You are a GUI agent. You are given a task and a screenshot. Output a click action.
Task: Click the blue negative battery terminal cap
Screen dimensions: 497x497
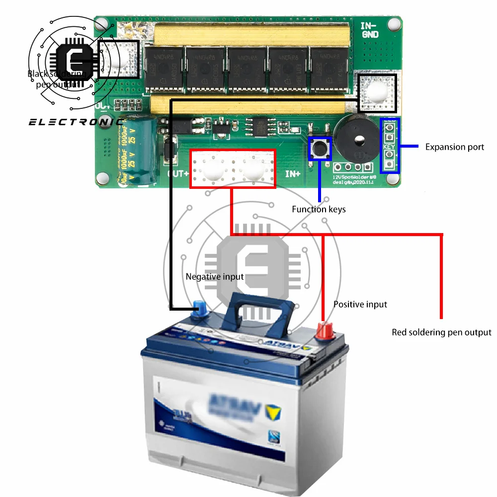(x=200, y=311)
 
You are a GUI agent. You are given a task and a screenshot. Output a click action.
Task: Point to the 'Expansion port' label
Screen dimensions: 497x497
(x=454, y=147)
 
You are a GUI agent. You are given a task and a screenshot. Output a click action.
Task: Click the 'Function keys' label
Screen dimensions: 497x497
(x=319, y=209)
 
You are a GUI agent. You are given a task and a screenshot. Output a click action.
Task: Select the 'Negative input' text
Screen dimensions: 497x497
(x=215, y=277)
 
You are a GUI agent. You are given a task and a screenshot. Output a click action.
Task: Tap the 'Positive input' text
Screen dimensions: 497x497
(x=360, y=304)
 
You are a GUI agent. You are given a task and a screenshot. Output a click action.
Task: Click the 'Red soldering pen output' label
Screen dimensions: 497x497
(x=441, y=332)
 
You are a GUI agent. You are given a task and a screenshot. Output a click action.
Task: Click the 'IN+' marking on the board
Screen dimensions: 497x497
(x=292, y=174)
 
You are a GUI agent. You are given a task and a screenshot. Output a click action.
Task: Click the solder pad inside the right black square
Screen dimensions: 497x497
(x=378, y=93)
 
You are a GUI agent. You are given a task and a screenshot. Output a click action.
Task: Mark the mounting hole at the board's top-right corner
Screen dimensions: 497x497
(x=395, y=23)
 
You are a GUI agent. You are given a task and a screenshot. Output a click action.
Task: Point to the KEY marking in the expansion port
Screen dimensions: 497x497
(x=390, y=147)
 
